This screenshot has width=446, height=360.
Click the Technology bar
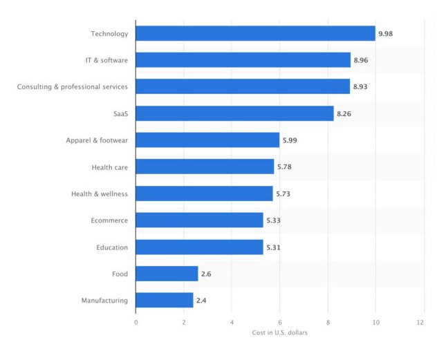point(255,33)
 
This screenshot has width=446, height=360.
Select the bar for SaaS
point(234,113)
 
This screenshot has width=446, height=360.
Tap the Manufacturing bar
point(165,300)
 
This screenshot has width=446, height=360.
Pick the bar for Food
point(167,274)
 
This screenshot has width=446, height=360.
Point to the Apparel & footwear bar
point(207,140)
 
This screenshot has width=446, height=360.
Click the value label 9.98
point(385,33)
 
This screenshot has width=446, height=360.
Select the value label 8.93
point(360,87)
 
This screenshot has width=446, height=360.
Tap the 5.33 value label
point(273,220)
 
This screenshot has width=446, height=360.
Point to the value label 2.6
point(205,274)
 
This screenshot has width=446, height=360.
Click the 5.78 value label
point(284,167)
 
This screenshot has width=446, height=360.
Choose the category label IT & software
point(102,60)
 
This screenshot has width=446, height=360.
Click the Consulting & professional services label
point(73,87)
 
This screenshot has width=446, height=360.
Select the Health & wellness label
point(100,193)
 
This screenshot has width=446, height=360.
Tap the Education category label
point(112,247)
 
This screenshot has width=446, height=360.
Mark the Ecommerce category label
point(109,220)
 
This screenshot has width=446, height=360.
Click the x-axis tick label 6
point(280,322)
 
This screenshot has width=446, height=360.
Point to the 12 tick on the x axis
point(423,322)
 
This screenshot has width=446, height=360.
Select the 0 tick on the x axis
point(136,322)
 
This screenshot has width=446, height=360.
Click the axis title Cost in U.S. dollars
point(279,333)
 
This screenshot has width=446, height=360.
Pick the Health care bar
point(205,167)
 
